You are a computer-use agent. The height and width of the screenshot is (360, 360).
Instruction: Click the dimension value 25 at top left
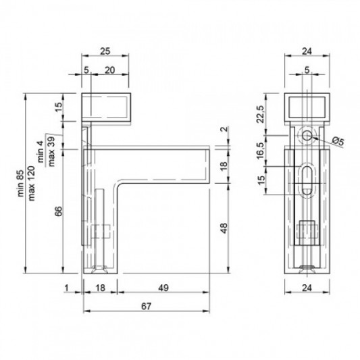pos(105,51)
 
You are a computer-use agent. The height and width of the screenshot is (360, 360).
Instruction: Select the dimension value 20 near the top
pos(109,70)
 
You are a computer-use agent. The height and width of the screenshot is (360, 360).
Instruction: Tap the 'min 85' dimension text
pos(21,183)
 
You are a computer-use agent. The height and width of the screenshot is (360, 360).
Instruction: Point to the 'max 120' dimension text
pos(32,183)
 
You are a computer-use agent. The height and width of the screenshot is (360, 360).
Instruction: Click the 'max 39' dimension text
pos(51,151)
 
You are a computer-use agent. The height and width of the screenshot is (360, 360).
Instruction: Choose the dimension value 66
pos(59,211)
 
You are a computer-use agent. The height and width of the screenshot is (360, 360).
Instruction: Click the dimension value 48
pos(224,228)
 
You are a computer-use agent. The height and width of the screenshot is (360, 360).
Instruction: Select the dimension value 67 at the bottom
pos(147,306)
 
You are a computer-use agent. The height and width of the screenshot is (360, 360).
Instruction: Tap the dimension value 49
pos(163,288)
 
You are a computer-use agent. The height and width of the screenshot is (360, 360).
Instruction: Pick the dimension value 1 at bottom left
pos(67,288)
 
